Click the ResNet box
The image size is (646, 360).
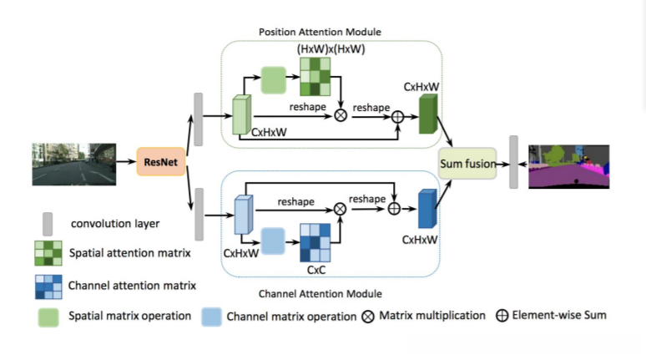tap(160, 161)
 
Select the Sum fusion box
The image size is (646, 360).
tap(467, 164)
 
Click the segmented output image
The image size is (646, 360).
tap(569, 165)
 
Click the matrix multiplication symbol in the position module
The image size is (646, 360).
tap(341, 115)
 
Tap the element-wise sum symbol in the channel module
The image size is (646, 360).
tap(394, 207)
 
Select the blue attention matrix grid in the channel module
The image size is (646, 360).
tap(315, 243)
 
